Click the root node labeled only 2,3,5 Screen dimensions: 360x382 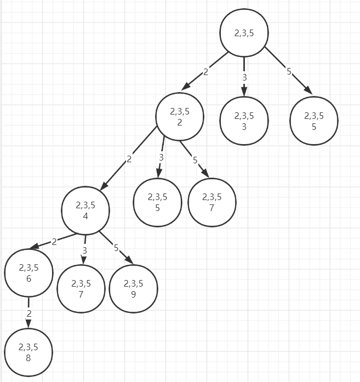point(244,32)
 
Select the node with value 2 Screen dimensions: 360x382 point(180,116)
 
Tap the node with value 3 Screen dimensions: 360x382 point(244,121)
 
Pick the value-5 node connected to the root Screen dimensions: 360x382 point(314,121)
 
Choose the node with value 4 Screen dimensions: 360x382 point(85,210)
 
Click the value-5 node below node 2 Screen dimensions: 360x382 point(157,202)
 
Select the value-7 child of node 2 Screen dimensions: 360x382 point(212,202)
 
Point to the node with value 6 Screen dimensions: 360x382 point(28,273)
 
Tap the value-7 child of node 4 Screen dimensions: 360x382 point(81,289)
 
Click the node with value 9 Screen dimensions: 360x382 point(133,289)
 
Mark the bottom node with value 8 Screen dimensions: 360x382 point(28,351)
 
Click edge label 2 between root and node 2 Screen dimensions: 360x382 point(205,72)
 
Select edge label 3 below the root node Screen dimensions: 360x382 point(244,78)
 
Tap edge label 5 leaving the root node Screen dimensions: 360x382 point(289,71)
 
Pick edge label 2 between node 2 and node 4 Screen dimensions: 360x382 point(129,159)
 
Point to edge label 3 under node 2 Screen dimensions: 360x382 point(161,158)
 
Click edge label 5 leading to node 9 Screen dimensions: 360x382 point(116,248)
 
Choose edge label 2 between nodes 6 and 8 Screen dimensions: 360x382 point(29,313)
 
